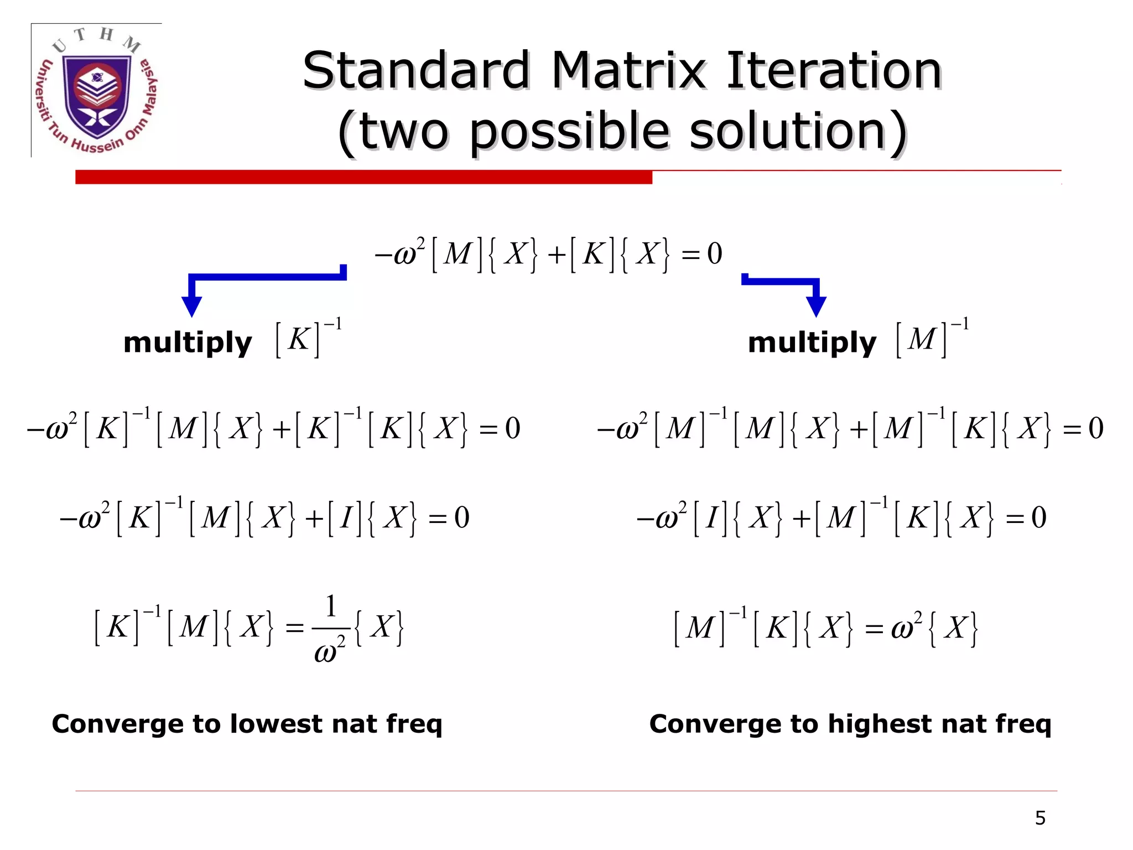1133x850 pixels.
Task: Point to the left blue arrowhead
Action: pos(191,306)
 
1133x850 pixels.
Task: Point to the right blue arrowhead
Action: pos(816,306)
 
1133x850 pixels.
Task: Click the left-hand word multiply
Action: pos(188,343)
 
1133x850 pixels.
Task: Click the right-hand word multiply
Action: pos(812,343)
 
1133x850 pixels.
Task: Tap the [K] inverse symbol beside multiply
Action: pos(308,338)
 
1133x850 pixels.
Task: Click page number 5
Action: pos(1040,818)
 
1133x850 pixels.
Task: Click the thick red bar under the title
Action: pos(363,177)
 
